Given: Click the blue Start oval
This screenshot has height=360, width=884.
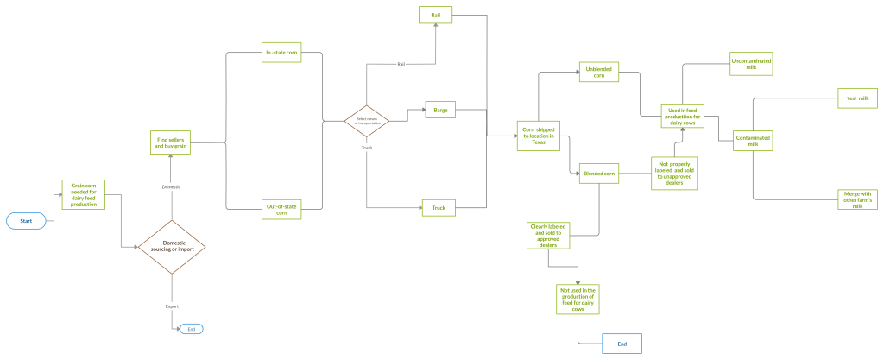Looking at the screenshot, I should [26, 221].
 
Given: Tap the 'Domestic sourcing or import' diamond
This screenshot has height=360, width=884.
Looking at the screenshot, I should [173, 247].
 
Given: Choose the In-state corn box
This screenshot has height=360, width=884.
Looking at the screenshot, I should [282, 54].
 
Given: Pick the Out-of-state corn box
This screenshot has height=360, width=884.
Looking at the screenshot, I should [282, 209].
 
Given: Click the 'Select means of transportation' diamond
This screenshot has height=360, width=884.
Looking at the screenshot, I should [366, 121].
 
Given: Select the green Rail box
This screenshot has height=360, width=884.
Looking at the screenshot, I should [437, 15].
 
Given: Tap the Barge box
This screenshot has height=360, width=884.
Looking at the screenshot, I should [440, 110].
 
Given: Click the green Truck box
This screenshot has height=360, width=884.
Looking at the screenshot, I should [439, 208].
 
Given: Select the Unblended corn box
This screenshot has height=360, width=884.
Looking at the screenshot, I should [599, 73].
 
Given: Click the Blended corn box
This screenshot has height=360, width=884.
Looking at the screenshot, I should [599, 174].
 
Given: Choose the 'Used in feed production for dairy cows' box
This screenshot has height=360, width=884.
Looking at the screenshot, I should [684, 116].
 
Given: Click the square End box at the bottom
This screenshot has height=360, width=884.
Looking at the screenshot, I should [622, 344].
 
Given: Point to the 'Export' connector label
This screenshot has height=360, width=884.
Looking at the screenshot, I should [172, 306].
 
